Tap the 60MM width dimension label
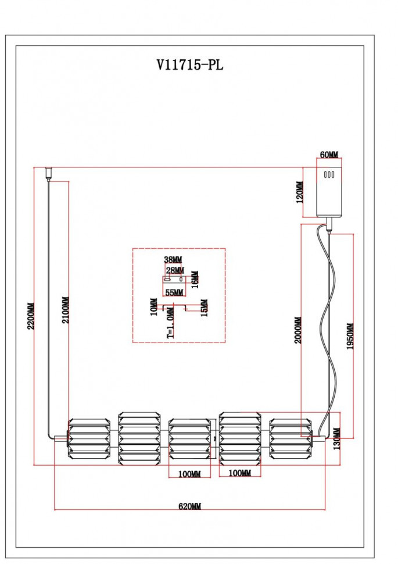[329, 155]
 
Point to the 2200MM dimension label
[31, 324]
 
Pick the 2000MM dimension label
[297, 330]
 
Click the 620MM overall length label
[189, 507]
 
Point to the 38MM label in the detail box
[173, 260]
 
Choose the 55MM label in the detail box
[174, 292]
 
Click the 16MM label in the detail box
[195, 279]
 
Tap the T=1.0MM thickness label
[170, 327]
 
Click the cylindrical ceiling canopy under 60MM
[329, 192]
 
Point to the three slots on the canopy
[329, 174]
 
